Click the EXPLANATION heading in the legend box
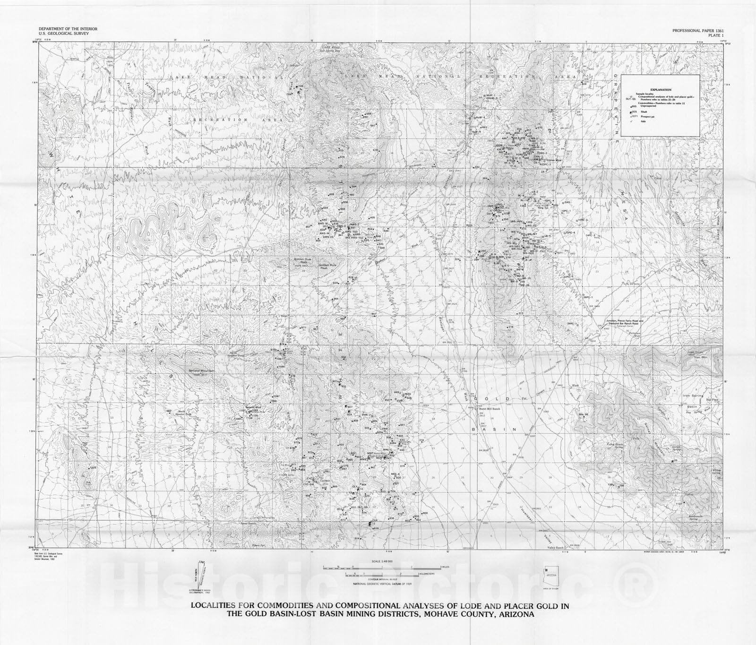click(661, 90)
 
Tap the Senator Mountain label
click(201, 371)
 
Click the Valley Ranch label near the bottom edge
click(556, 548)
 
